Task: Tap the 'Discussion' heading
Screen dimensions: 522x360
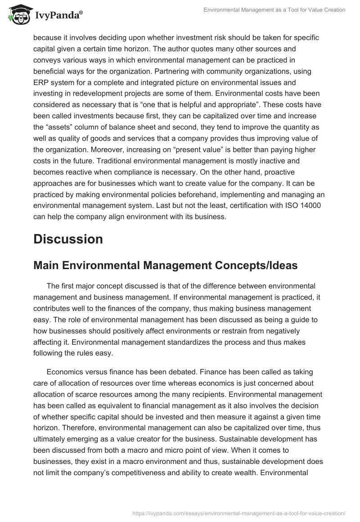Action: (68, 239)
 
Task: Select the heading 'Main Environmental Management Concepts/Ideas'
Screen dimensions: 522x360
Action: (165, 265)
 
